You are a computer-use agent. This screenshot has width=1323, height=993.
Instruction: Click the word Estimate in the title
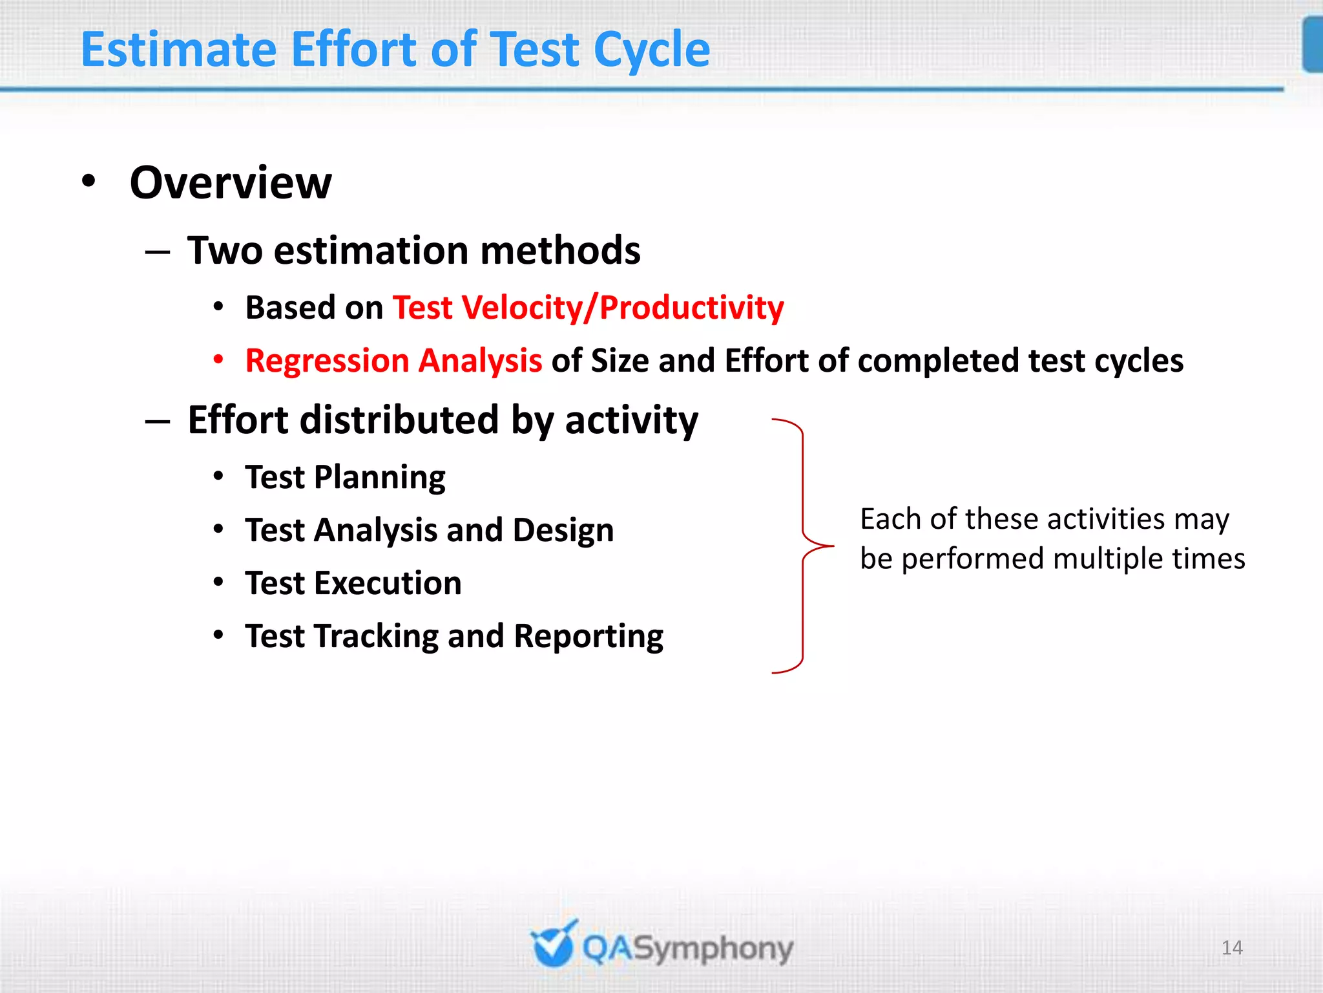pos(179,50)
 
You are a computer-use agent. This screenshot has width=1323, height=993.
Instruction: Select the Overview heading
pos(231,183)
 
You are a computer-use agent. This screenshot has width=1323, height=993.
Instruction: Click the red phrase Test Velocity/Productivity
pos(589,308)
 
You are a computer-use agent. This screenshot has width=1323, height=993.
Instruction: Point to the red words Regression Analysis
pos(393,361)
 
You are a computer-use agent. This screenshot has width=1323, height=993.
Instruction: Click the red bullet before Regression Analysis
pos(219,359)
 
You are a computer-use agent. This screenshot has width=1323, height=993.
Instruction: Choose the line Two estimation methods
pos(413,251)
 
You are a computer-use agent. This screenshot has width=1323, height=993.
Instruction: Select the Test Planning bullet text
pos(345,478)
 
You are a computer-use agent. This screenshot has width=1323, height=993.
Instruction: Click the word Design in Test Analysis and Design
pos(563,531)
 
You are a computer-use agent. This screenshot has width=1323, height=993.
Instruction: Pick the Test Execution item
pos(353,584)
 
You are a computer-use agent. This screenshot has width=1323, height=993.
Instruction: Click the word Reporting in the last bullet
pos(589,637)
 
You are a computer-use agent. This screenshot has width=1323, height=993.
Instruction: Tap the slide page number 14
pos(1232,948)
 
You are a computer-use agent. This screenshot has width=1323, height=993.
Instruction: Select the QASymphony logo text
pos(687,949)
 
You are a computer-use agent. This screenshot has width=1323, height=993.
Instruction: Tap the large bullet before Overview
pos(89,181)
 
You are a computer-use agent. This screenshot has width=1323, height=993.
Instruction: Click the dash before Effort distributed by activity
pos(158,422)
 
